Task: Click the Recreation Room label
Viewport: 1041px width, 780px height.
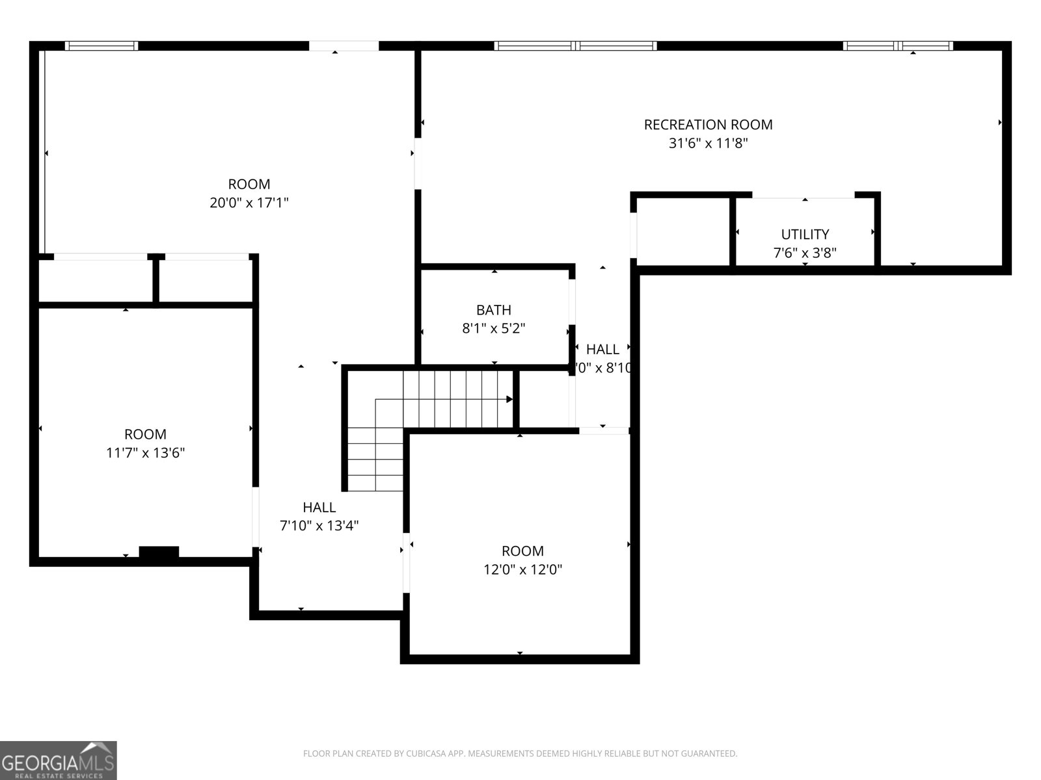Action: (x=708, y=124)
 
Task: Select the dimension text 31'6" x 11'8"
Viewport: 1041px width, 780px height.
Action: (x=708, y=143)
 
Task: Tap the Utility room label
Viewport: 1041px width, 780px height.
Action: (x=805, y=234)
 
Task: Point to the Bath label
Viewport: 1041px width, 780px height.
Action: (x=493, y=309)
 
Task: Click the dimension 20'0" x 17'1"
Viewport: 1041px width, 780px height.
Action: (x=249, y=203)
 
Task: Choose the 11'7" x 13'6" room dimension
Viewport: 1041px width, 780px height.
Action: (x=145, y=453)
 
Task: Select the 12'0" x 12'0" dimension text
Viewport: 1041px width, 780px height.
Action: (x=522, y=570)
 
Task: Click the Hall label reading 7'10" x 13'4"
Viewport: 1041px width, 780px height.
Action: (x=319, y=507)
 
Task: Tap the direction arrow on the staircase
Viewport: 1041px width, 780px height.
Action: (x=509, y=399)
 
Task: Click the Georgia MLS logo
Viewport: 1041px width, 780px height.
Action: (x=58, y=760)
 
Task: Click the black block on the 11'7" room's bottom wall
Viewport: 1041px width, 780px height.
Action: (x=159, y=552)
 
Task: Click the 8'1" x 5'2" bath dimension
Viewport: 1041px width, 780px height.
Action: (x=493, y=328)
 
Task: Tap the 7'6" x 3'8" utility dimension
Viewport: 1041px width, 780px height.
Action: (x=805, y=253)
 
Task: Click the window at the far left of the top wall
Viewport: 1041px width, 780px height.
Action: (x=101, y=45)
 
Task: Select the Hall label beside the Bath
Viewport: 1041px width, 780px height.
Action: (x=602, y=349)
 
